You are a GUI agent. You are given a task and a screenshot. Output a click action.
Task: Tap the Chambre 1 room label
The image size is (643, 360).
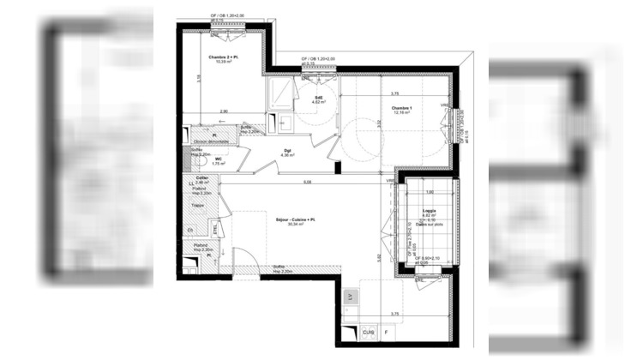(403, 108)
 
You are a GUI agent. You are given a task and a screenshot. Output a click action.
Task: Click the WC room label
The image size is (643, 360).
(219, 159)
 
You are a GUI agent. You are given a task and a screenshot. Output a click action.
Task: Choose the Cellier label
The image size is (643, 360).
(202, 179)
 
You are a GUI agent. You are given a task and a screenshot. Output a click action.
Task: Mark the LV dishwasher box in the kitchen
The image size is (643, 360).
(350, 296)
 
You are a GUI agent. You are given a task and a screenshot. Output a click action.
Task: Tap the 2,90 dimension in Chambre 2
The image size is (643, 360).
(223, 112)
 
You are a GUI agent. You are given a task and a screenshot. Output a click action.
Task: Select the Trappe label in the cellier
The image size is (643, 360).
(197, 206)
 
